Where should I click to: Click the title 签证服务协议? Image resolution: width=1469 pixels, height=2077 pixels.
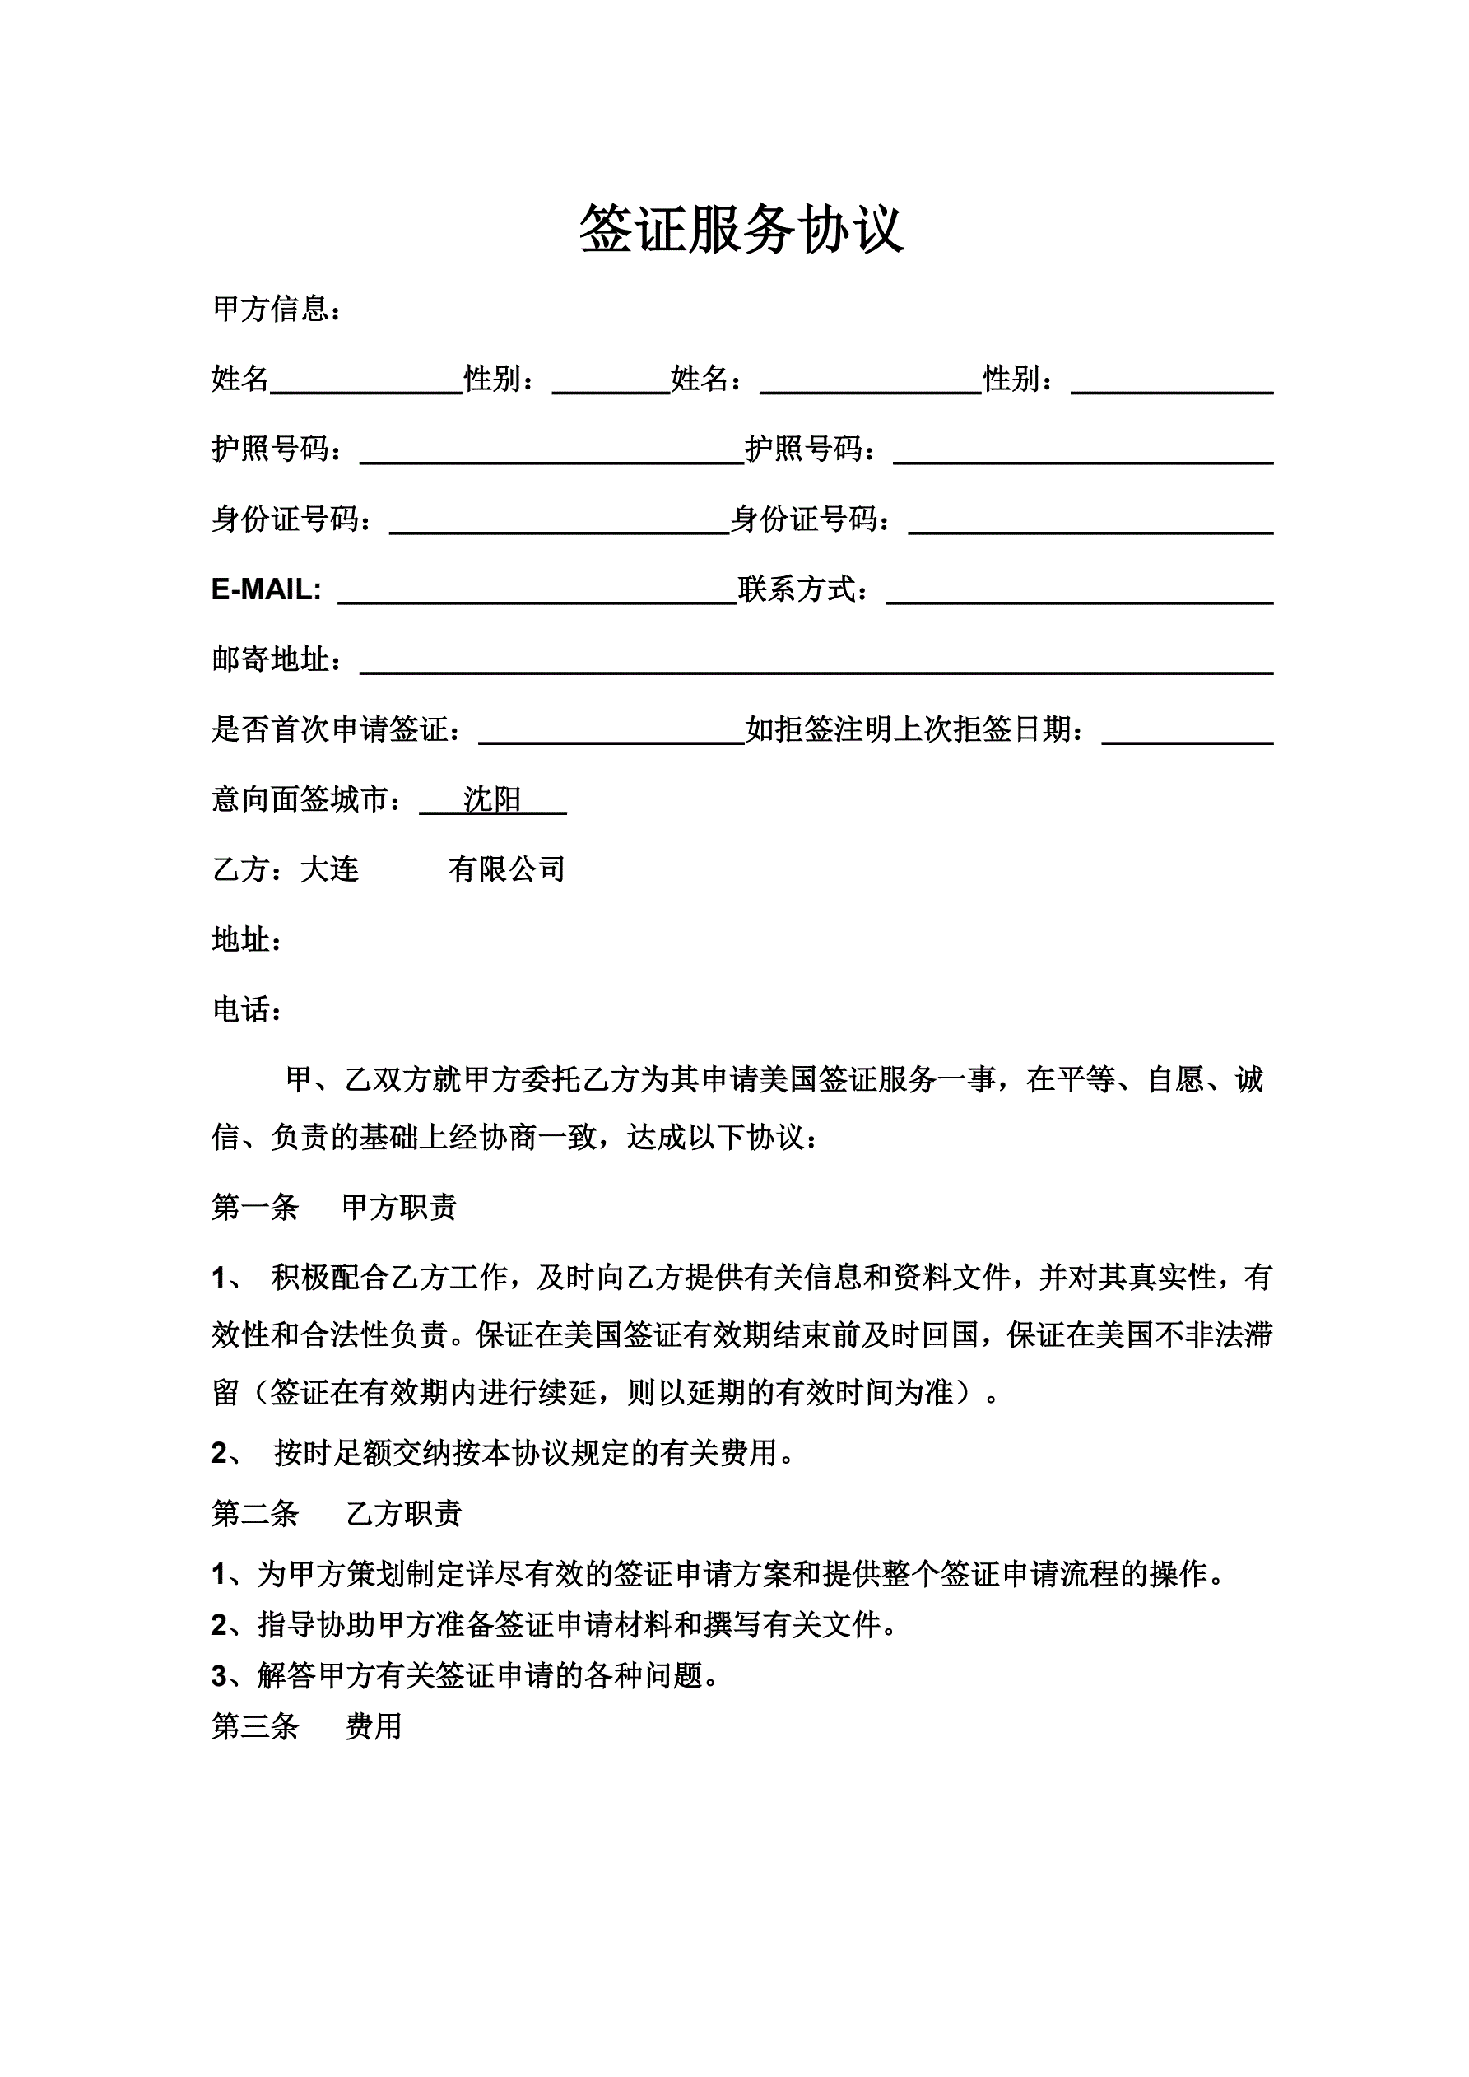tap(741, 230)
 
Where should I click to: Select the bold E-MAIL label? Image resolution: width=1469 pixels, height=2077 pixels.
tap(266, 589)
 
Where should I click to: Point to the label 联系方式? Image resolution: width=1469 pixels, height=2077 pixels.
tap(803, 589)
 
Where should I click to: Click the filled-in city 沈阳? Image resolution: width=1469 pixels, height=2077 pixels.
tap(492, 799)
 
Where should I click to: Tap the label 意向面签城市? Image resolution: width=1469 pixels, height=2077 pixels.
tap(308, 799)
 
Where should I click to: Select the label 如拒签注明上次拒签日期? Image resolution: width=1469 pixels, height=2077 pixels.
tap(913, 729)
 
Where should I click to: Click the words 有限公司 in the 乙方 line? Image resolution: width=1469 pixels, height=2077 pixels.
tap(507, 869)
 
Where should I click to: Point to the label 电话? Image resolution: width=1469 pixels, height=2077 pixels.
tap(247, 1009)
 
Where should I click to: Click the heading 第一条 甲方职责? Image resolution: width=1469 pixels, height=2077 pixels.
tap(334, 1207)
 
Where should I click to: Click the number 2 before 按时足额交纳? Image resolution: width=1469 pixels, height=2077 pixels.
tap(219, 1453)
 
